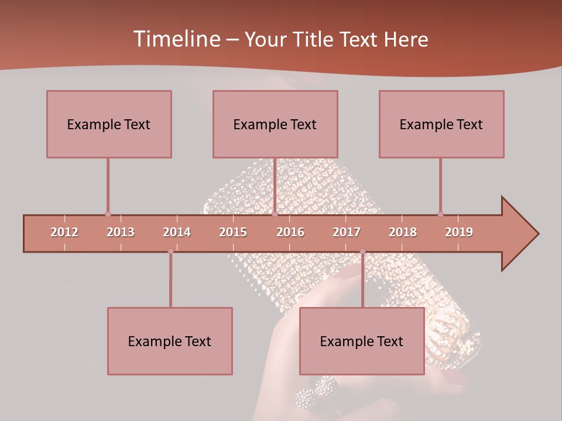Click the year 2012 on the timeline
64,232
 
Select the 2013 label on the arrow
121,232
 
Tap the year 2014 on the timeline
177,232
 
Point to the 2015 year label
233,232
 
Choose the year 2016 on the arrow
290,232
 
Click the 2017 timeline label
347,232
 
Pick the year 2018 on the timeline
403,232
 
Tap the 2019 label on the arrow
459,232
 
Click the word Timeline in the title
176,39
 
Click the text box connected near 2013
109,124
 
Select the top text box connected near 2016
275,124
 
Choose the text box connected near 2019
441,124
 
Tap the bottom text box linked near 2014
170,341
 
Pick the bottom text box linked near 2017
362,341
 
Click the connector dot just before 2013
108,214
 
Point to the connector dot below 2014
170,251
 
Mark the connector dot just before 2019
440,214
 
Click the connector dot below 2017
362,251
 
